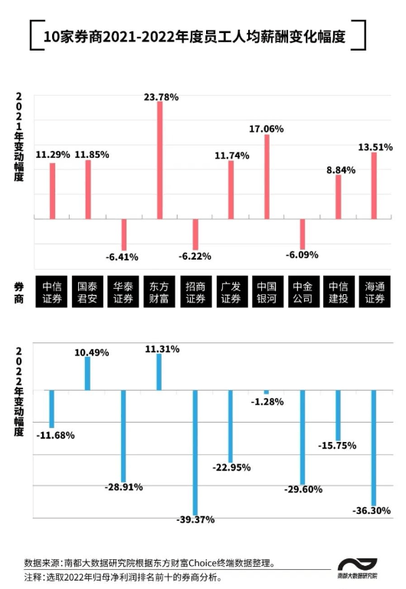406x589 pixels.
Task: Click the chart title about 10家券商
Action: [195, 37]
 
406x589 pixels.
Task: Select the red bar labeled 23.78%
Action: [159, 160]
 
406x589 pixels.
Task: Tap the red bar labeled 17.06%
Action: [267, 177]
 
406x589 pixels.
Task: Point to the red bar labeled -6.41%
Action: [124, 235]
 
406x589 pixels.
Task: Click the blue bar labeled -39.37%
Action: [195, 453]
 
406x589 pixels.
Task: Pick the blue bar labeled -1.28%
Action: [267, 392]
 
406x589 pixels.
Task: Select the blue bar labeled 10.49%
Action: [87, 373]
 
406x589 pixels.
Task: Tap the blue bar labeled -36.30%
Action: [374, 448]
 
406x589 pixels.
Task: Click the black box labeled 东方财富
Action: [159, 292]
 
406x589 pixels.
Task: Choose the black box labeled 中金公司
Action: [303, 292]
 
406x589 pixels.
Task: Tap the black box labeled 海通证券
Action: [375, 292]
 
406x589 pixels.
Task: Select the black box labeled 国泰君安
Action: [87, 292]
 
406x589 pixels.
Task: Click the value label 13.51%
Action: [375, 147]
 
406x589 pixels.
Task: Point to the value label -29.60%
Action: [303, 489]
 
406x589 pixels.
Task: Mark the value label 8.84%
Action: [341, 170]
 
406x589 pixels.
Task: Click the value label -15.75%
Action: [337, 446]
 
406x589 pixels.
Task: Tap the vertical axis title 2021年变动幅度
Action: [19, 137]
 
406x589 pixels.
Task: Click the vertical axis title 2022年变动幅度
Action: [19, 392]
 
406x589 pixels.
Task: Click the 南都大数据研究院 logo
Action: [357, 568]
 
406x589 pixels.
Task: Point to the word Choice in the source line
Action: [203, 563]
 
